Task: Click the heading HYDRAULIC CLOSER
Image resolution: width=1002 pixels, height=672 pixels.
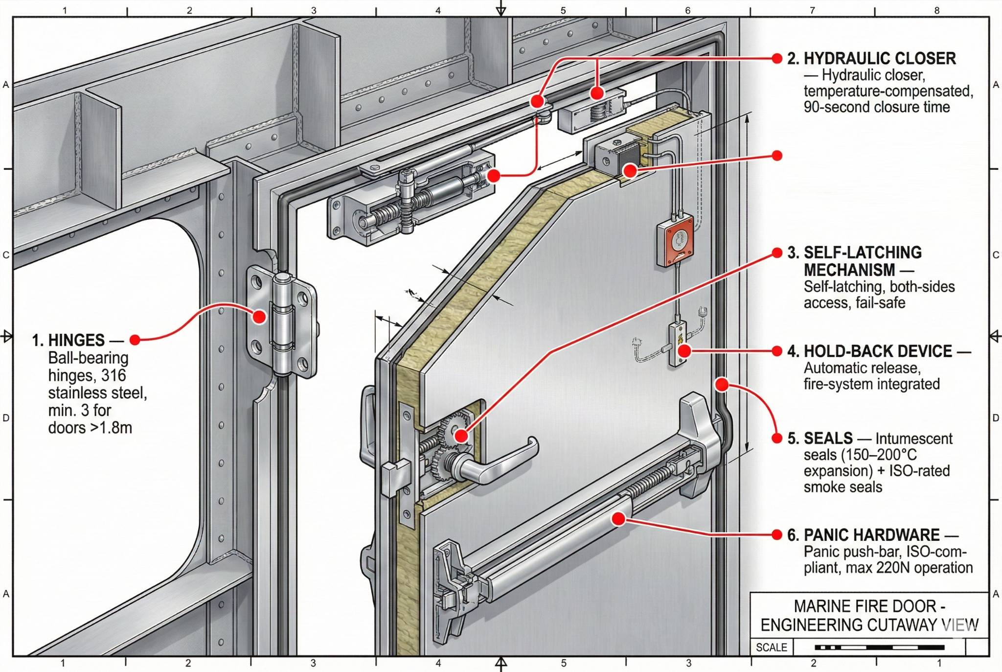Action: (879, 59)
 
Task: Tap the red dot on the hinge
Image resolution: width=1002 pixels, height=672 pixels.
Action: (259, 317)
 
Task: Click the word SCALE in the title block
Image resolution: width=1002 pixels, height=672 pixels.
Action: (771, 648)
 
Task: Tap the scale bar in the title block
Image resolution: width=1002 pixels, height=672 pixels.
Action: (879, 648)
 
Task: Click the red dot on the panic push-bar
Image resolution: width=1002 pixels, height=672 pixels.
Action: (618, 519)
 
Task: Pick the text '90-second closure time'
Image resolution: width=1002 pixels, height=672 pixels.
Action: (876, 107)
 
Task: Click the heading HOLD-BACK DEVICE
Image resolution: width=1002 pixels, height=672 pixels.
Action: (878, 351)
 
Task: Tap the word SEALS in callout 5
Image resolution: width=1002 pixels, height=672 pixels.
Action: (828, 438)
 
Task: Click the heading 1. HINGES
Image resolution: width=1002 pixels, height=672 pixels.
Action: (68, 340)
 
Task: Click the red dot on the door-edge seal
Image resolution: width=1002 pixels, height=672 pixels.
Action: (722, 385)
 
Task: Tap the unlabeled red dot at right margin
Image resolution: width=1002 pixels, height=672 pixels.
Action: (776, 156)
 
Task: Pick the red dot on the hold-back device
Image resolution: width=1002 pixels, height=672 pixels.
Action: (684, 350)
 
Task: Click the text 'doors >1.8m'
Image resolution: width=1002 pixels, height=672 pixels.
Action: (90, 428)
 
